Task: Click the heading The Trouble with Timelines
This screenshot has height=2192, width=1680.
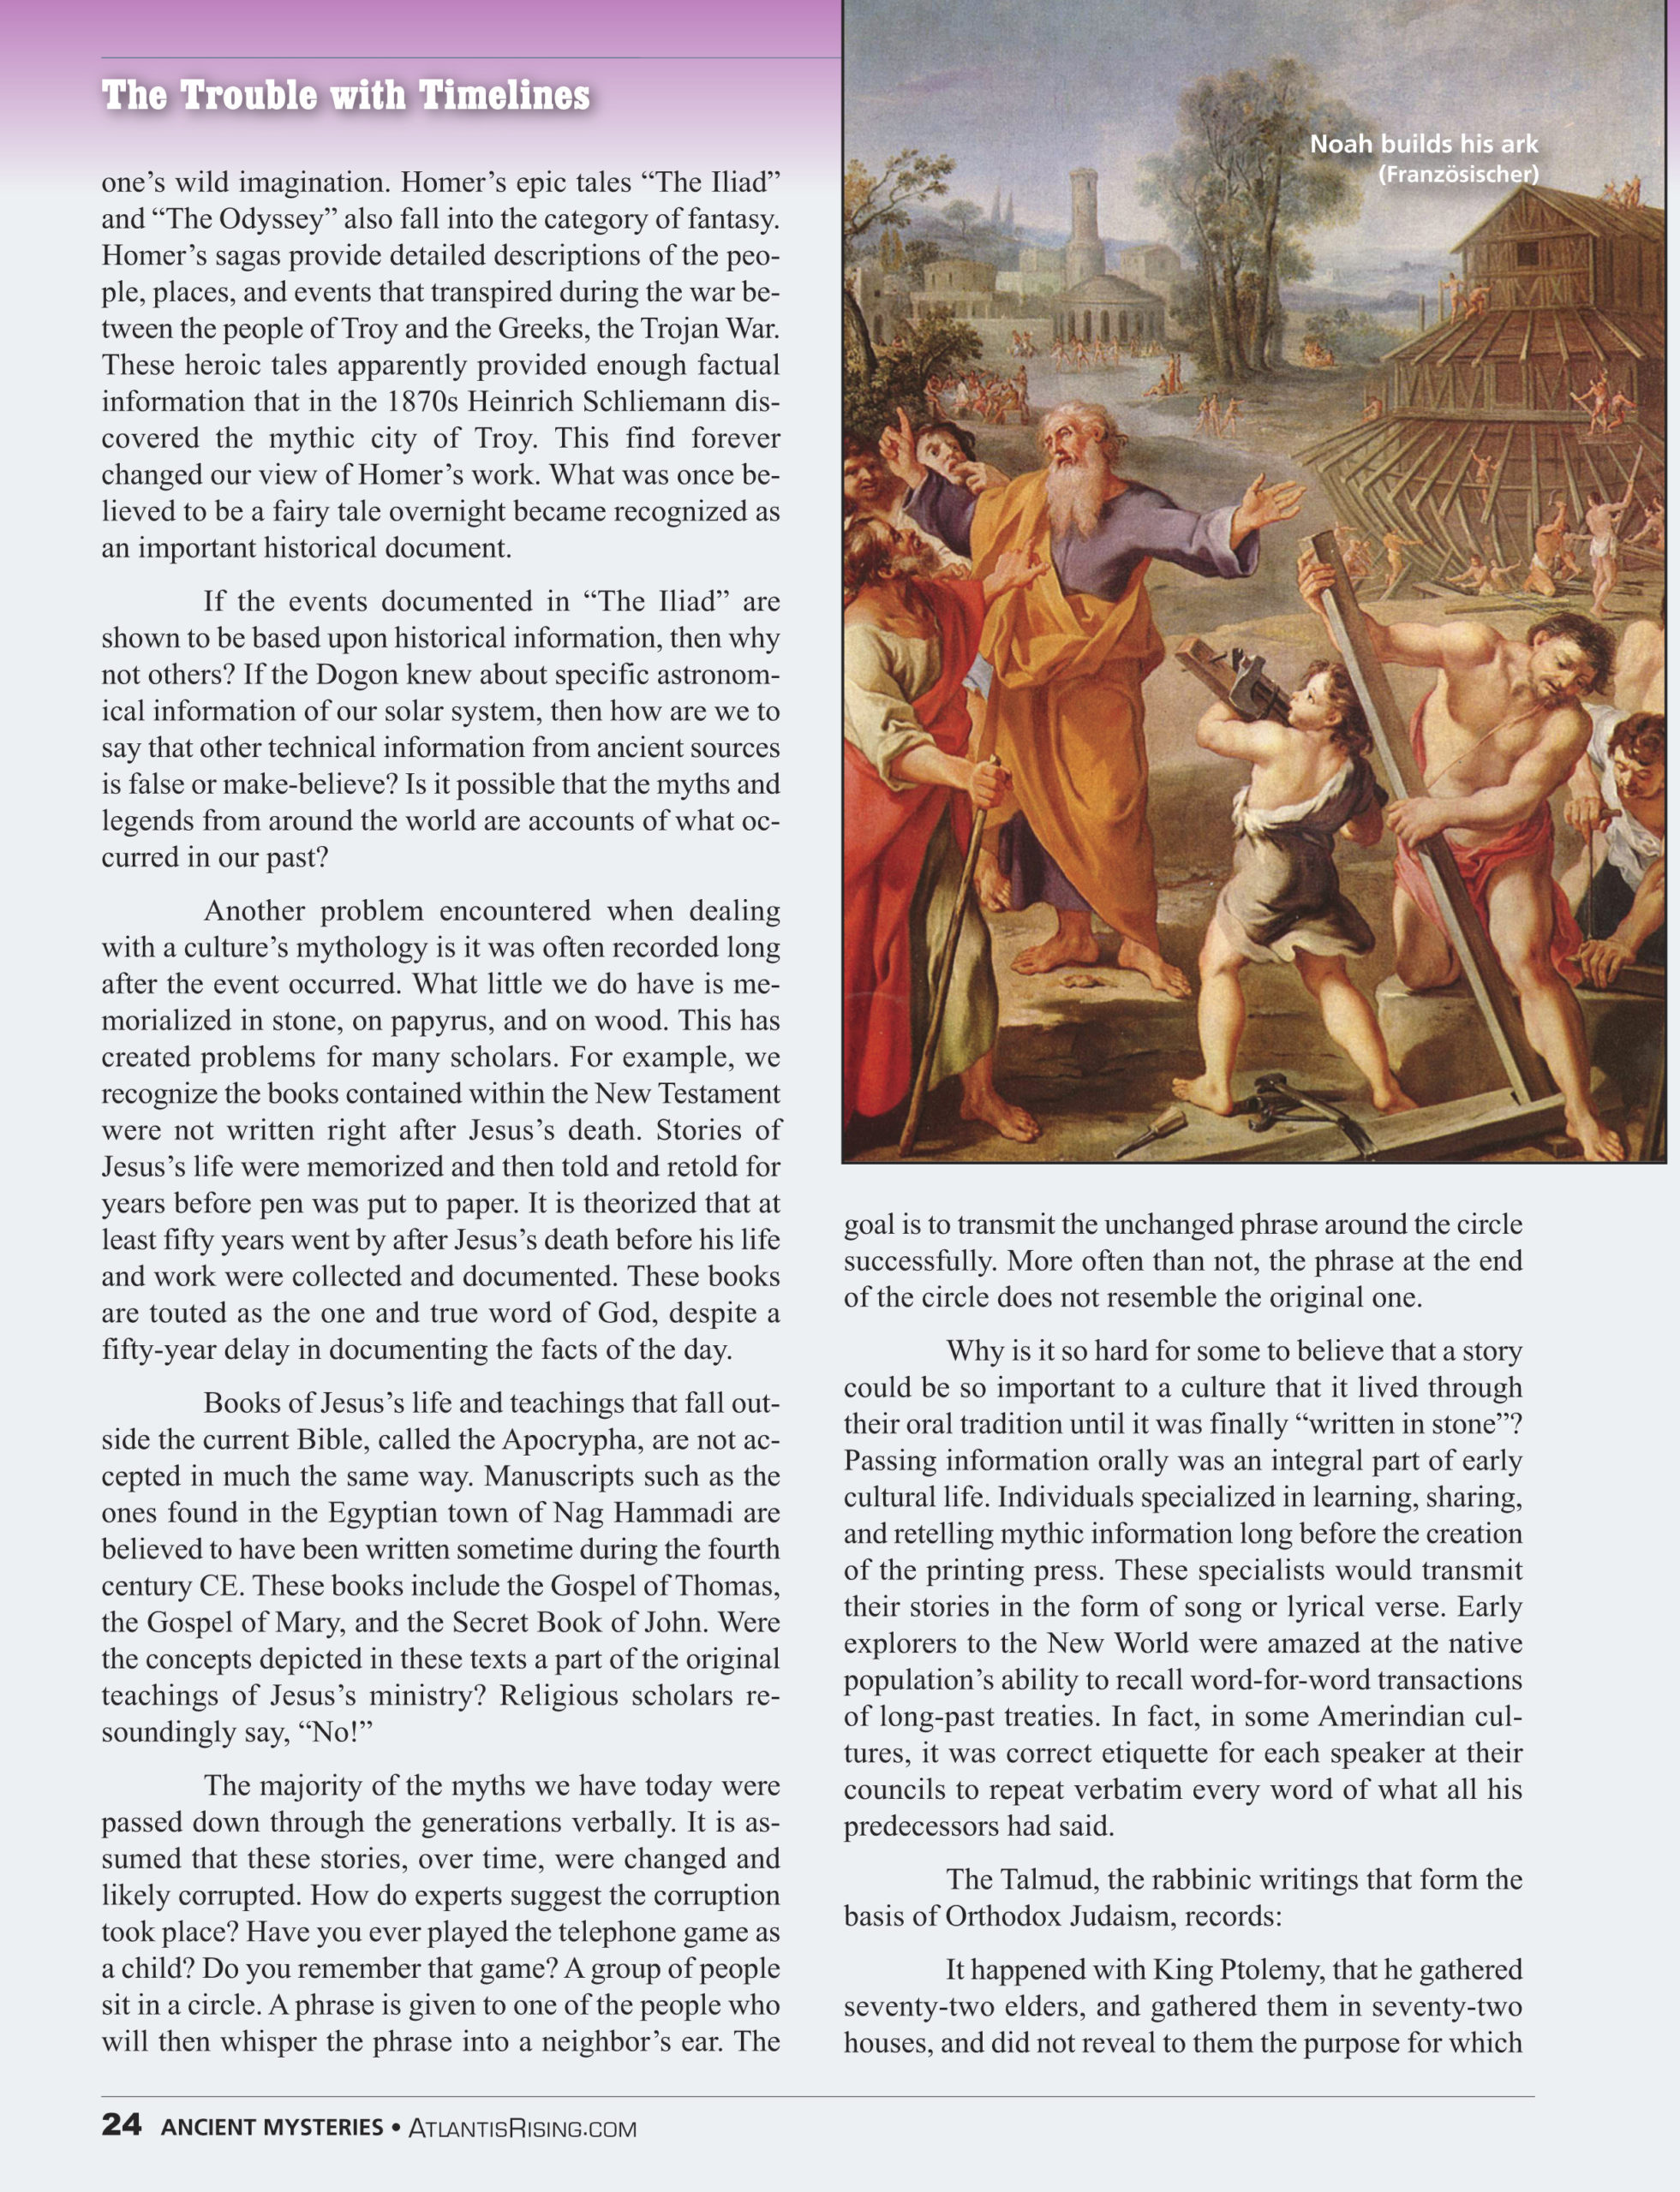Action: click(x=345, y=96)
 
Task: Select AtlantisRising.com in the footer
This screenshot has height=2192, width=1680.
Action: click(x=522, y=2127)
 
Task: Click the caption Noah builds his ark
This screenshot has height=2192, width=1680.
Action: click(x=1423, y=145)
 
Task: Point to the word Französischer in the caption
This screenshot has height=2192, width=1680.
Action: click(x=1458, y=175)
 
